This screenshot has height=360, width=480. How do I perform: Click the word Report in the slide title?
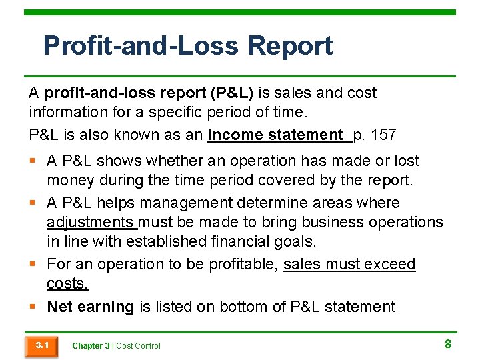[x=290, y=46]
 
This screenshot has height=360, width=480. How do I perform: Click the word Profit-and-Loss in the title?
[x=141, y=46]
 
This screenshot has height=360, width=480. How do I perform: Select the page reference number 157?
[x=383, y=135]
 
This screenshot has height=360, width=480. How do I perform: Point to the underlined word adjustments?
[x=91, y=222]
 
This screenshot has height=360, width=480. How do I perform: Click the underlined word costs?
[x=67, y=283]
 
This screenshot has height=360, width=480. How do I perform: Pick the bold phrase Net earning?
[x=91, y=307]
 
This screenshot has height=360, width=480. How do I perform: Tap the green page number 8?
[x=448, y=344]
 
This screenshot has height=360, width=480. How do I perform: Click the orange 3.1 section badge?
[x=41, y=345]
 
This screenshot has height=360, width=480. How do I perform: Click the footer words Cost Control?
[x=139, y=345]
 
